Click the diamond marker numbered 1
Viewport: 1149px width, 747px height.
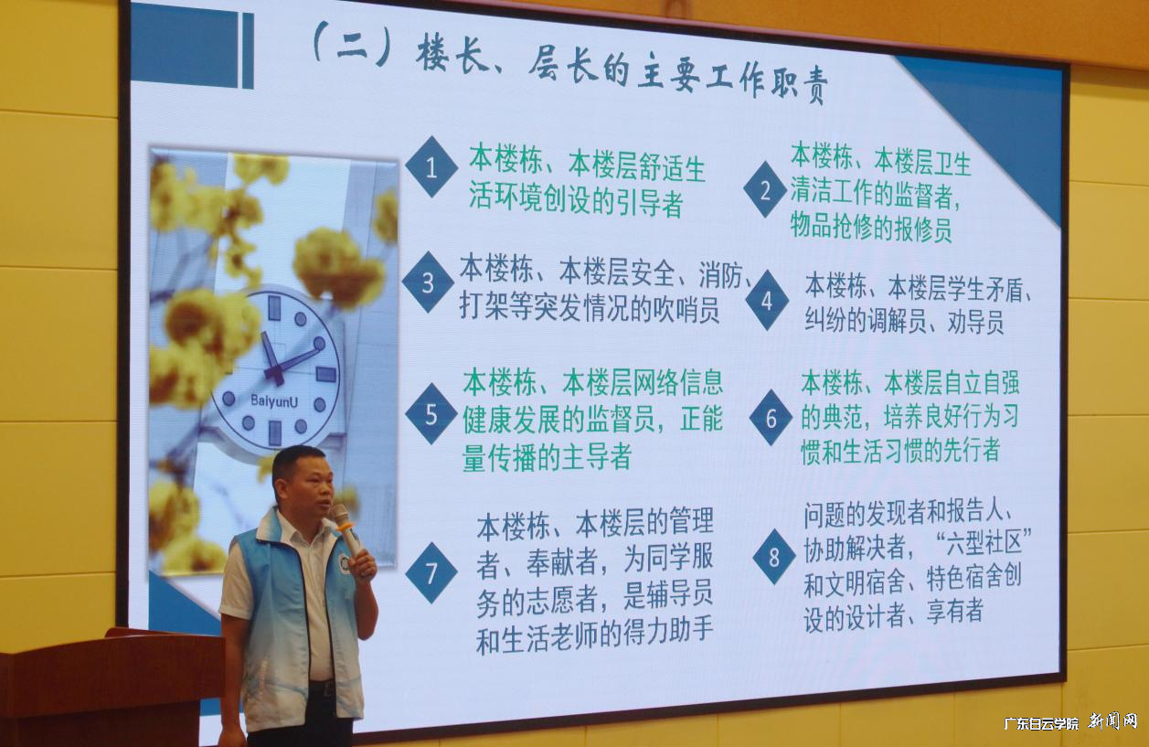(x=431, y=167)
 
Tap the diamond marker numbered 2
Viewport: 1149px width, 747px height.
(x=765, y=189)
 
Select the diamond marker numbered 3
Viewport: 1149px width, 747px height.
(x=428, y=282)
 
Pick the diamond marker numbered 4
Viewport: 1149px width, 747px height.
(x=767, y=300)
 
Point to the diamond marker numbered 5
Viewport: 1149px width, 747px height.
(x=431, y=413)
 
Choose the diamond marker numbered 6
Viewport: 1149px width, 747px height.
(x=771, y=418)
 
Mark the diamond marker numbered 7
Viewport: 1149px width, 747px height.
(x=431, y=572)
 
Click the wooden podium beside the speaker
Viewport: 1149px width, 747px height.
(x=110, y=686)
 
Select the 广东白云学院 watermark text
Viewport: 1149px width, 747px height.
(x=1041, y=722)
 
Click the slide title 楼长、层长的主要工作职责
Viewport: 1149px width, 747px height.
(x=622, y=73)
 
